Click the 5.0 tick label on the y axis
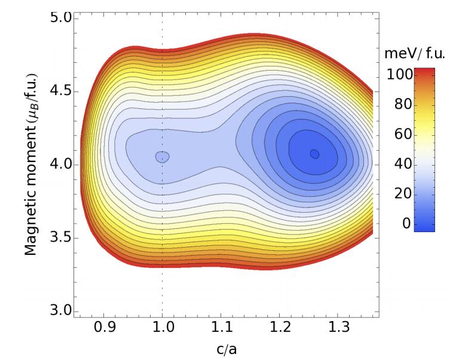60,18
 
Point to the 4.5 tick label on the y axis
60,91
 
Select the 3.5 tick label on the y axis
60,238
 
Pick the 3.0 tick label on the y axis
60,311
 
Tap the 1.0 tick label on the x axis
162,328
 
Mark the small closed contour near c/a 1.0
163,157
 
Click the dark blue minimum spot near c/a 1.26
314,154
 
